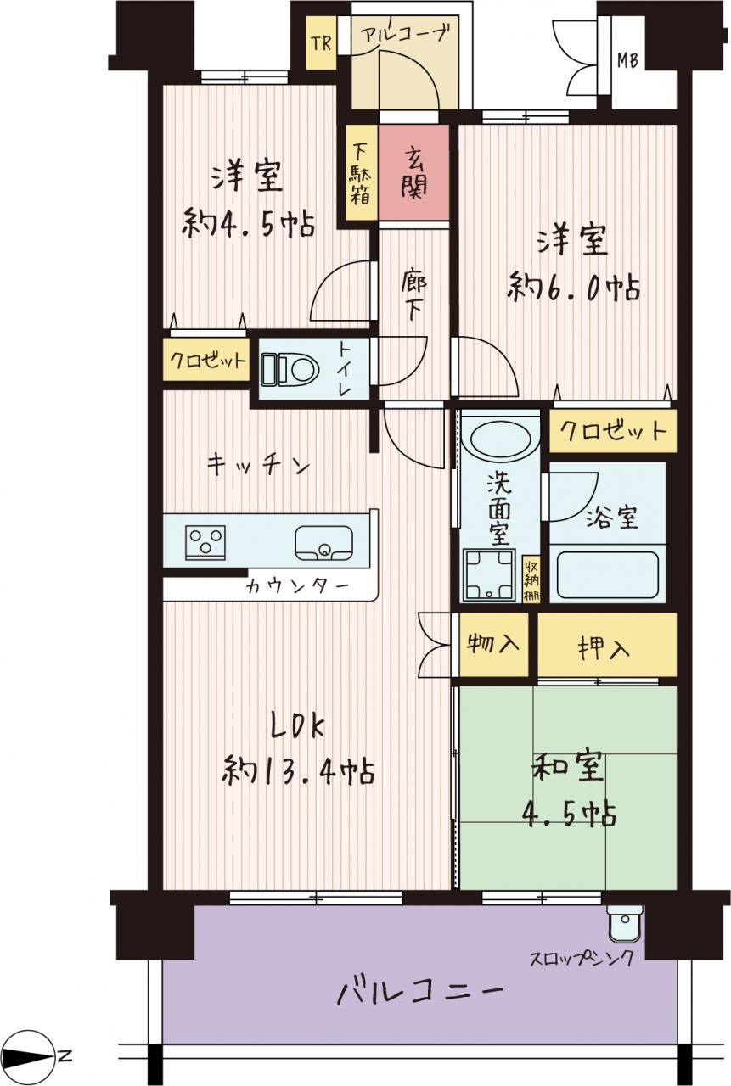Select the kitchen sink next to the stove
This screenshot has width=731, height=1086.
pos(324,543)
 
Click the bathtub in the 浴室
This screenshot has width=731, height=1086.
pos(608,575)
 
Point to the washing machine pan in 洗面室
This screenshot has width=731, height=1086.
pos(488,575)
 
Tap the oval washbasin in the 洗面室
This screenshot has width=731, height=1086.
pos(498,438)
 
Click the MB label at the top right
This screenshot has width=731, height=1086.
pos(627,60)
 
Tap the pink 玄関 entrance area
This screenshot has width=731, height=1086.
pos(413,172)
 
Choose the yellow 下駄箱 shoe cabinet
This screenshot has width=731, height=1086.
pos(362,172)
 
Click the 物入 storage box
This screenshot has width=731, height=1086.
pos(493,644)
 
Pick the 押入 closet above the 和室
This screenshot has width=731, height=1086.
pos(607,644)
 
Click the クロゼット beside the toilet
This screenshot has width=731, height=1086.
pos(206,360)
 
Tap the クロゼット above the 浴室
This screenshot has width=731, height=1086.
pos(613,430)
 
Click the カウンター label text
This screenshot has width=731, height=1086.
pos(298,587)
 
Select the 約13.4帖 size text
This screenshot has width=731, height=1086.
pos(298,772)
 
